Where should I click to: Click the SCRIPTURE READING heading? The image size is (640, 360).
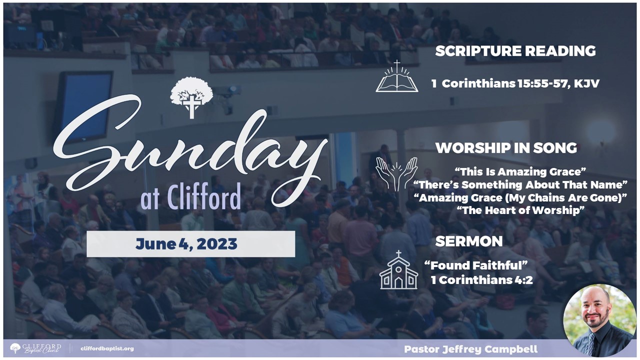[x=515, y=51]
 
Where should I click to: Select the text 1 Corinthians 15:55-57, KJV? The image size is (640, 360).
[x=515, y=83]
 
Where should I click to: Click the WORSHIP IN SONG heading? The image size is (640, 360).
[x=506, y=148]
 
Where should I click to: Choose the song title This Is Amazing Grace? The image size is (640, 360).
[x=520, y=171]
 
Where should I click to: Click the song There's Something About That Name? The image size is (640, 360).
[x=520, y=185]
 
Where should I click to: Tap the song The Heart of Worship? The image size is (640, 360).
[x=520, y=210]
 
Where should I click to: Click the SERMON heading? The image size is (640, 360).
[x=469, y=241]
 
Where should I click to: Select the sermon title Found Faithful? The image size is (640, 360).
[x=475, y=265]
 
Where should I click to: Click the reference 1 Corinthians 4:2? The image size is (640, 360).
[x=481, y=280]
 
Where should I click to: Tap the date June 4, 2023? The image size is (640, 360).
[x=186, y=244]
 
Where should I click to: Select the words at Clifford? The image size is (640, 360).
[x=190, y=196]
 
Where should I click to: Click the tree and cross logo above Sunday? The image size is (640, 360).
[x=191, y=97]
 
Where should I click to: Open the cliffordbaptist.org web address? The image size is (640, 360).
[x=107, y=348]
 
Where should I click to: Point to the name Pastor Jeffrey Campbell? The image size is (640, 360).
[x=471, y=349]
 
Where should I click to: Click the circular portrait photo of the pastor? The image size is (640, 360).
[x=599, y=320]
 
